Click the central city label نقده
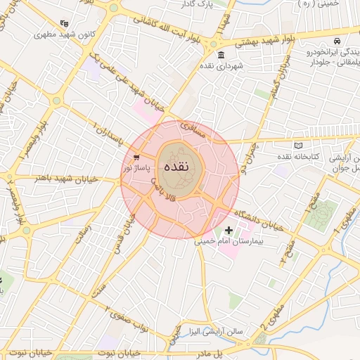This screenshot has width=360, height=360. (174, 168)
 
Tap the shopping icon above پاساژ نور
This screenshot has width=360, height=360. (136, 157)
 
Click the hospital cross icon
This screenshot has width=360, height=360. (229, 230)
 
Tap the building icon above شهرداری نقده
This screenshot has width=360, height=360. (221, 56)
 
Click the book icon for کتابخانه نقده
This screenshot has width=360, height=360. (298, 145)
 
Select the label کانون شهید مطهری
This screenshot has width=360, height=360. (65, 34)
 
